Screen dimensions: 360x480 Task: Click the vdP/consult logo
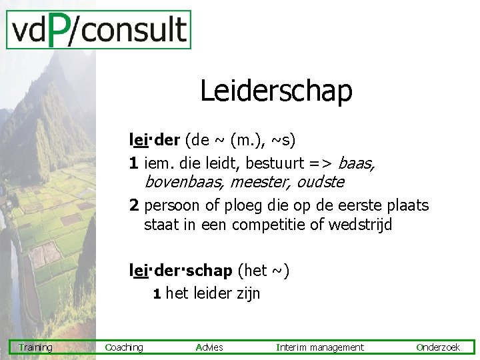point(99,30)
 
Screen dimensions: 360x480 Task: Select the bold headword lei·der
point(155,141)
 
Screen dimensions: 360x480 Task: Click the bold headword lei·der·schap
point(181,271)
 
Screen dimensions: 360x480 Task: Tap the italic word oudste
point(321,181)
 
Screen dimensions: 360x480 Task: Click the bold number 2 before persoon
point(134,205)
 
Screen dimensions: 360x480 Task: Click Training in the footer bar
point(36,347)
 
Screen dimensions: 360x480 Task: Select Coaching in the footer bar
point(124,347)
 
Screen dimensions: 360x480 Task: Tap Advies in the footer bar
point(210,347)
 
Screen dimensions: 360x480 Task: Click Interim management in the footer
point(320,347)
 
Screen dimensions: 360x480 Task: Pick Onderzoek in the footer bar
point(438,347)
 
